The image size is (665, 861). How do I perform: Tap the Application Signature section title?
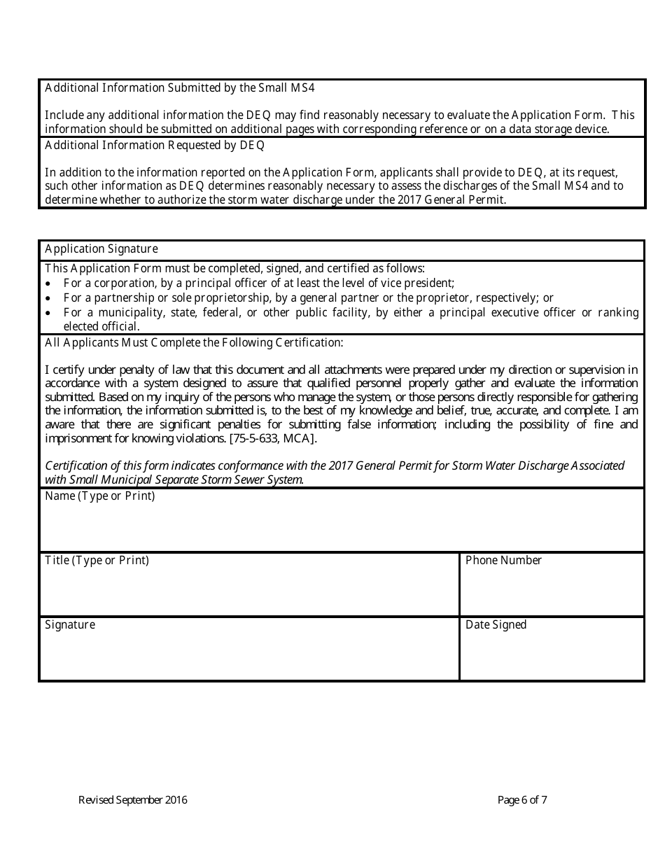[x=101, y=249]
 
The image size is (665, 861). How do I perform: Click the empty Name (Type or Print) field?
[x=342, y=526]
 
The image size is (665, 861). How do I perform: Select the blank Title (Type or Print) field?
[x=249, y=591]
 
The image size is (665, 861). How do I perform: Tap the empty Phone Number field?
[x=552, y=591]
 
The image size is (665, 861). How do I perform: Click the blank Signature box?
[x=249, y=655]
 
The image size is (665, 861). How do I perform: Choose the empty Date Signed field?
[x=552, y=655]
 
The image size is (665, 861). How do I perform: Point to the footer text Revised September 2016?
[x=133, y=800]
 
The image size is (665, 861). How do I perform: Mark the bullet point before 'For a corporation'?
[x=48, y=284]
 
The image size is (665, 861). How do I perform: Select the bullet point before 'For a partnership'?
[x=48, y=298]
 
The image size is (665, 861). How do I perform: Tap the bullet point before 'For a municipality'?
[x=48, y=313]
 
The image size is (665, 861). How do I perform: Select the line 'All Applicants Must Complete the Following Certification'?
[x=194, y=343]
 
